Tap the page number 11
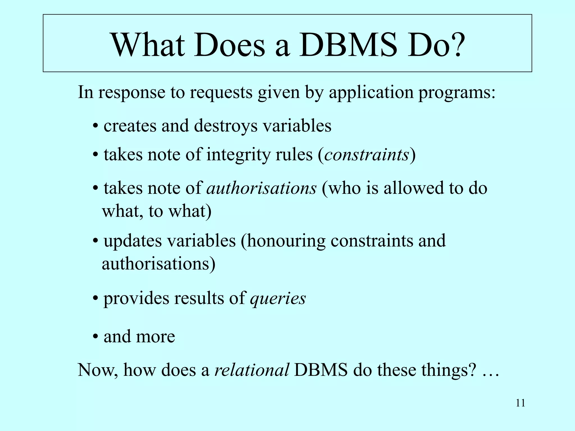pos(520,403)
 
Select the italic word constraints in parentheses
pos(366,155)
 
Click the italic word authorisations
pos(261,188)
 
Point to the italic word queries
pos(278,299)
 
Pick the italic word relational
pos(252,370)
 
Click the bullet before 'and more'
pos(95,336)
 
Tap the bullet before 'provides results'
pos(95,298)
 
